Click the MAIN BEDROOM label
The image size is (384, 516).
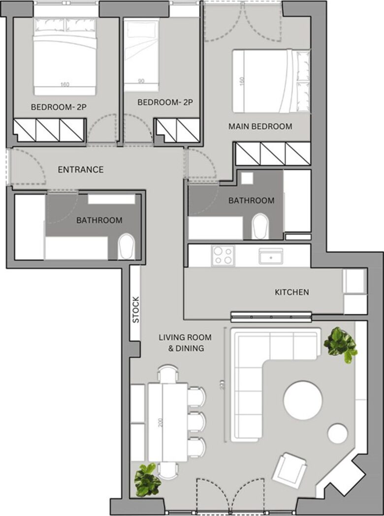(x=260, y=126)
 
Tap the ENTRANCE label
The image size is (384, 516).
(x=81, y=170)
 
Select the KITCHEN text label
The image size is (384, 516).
(x=291, y=292)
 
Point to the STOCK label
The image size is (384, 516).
(x=136, y=309)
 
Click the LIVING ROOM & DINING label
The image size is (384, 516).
(x=185, y=343)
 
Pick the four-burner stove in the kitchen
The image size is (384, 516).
(x=223, y=256)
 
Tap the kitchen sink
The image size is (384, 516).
(x=271, y=256)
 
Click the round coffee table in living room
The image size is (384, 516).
(x=303, y=400)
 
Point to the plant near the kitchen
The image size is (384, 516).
(x=340, y=345)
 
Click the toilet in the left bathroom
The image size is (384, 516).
(x=127, y=247)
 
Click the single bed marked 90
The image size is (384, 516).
(x=141, y=54)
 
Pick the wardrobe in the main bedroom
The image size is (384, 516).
(x=272, y=154)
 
